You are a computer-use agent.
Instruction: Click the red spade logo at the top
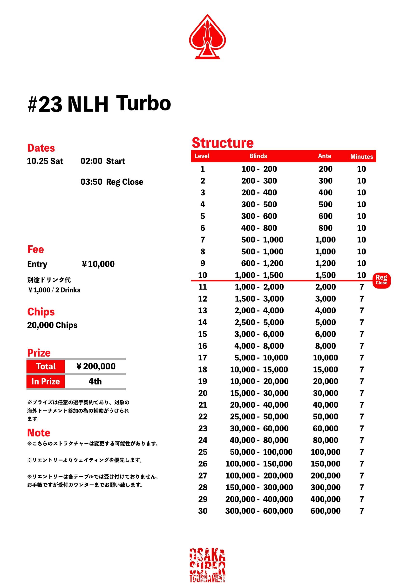(x=207, y=37)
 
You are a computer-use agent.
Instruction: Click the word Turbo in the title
(x=143, y=103)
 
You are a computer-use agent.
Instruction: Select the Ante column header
(x=324, y=156)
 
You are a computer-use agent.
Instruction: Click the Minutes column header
(x=361, y=156)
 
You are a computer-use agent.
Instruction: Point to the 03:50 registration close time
(x=91, y=182)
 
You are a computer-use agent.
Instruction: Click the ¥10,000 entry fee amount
(x=98, y=264)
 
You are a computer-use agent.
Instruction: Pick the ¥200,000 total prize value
(x=96, y=366)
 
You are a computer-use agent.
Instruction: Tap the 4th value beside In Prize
(x=95, y=381)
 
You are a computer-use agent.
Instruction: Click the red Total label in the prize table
(x=46, y=366)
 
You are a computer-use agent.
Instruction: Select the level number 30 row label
(x=203, y=511)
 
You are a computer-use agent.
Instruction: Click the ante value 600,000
(x=325, y=511)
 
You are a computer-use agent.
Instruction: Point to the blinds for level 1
(x=259, y=169)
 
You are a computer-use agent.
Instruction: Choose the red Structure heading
(x=223, y=143)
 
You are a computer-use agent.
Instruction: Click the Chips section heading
(x=41, y=312)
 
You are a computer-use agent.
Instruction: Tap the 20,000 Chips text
(x=52, y=325)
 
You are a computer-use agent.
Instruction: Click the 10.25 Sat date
(x=45, y=161)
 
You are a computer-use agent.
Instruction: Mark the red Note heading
(x=39, y=432)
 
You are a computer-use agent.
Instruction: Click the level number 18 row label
(x=203, y=369)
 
